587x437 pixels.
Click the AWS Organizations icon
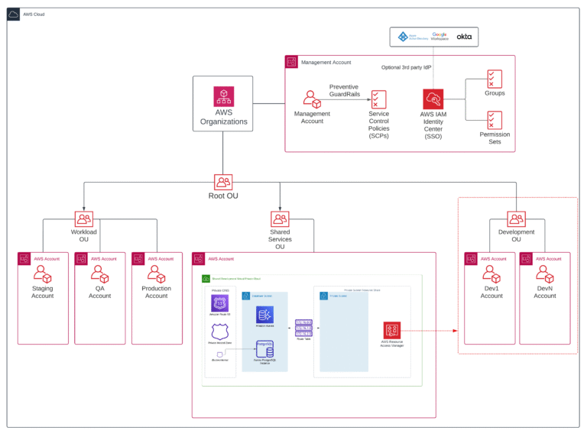pyautogui.click(x=223, y=96)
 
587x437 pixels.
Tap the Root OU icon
pyautogui.click(x=223, y=182)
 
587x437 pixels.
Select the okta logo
pyautogui.click(x=464, y=36)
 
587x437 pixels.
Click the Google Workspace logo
pyautogui.click(x=439, y=36)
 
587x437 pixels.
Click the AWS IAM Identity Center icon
pyautogui.click(x=433, y=99)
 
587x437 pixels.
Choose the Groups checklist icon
pyautogui.click(x=495, y=79)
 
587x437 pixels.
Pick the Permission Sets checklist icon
pyautogui.click(x=495, y=120)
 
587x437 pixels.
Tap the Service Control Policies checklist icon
pyautogui.click(x=378, y=99)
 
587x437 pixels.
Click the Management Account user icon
pyautogui.click(x=311, y=99)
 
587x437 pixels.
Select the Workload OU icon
pyautogui.click(x=84, y=219)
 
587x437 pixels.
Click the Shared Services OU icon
pyautogui.click(x=280, y=219)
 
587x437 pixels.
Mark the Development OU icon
pyautogui.click(x=516, y=219)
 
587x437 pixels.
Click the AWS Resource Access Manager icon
pyautogui.click(x=392, y=330)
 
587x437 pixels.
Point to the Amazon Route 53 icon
pyautogui.click(x=220, y=303)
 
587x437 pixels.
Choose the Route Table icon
pyautogui.click(x=303, y=327)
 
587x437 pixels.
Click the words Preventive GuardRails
pyautogui.click(x=344, y=91)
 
